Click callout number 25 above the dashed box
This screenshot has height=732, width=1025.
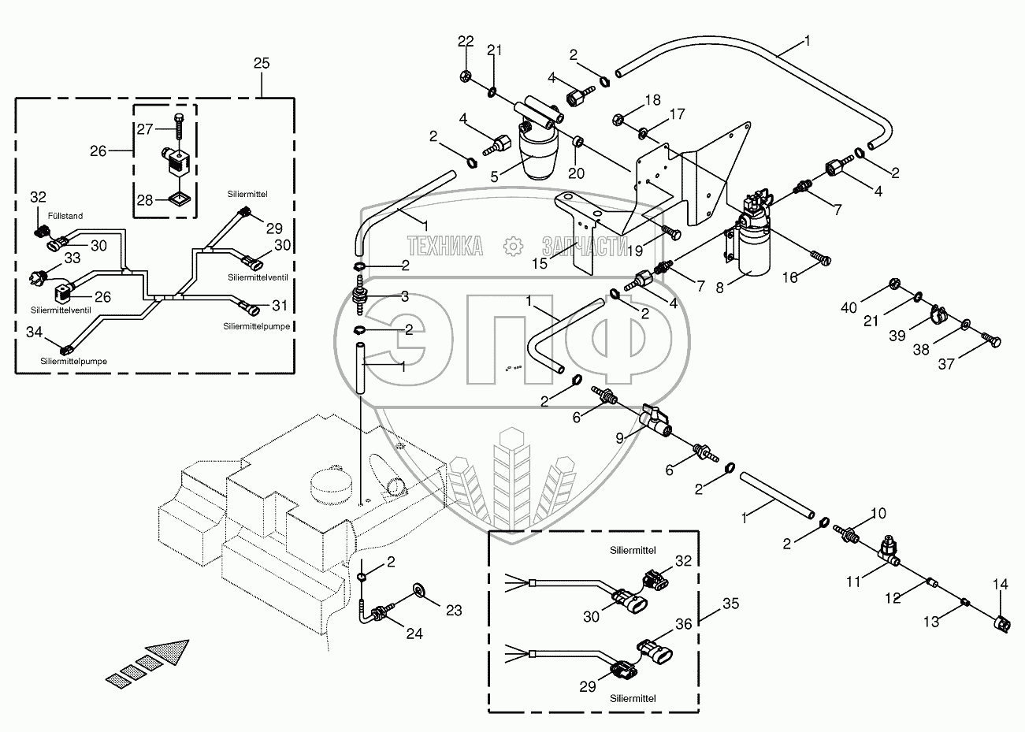click(262, 63)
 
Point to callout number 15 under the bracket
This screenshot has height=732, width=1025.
click(540, 263)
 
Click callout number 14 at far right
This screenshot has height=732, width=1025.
click(1000, 585)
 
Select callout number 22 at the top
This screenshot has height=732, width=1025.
click(466, 41)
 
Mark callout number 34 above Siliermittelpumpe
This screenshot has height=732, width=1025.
click(34, 333)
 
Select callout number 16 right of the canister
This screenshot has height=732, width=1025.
click(789, 277)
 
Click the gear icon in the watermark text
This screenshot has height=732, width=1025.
click(513, 247)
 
